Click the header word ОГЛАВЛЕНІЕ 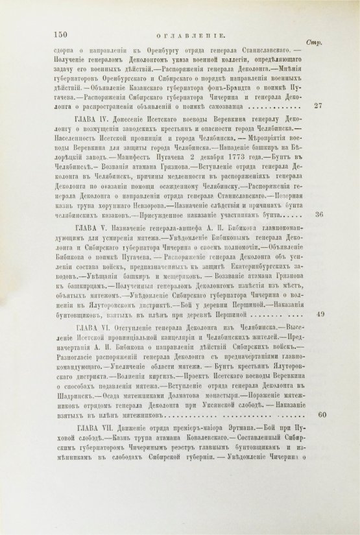click(x=180, y=38)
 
